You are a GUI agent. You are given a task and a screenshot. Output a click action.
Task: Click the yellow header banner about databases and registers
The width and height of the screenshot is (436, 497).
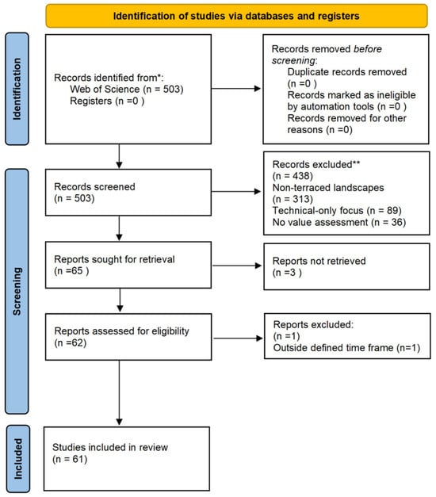tap(236, 16)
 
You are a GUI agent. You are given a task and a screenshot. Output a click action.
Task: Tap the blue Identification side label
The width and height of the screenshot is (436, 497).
tap(17, 89)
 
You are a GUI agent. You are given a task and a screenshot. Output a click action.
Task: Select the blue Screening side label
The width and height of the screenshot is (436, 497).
tap(17, 291)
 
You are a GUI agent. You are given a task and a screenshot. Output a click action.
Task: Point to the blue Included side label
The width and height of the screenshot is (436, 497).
tap(18, 459)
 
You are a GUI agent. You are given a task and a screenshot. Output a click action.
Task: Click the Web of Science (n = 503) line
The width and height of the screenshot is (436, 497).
tap(127, 89)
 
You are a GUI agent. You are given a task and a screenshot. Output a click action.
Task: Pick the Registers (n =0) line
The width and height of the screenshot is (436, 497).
tap(107, 101)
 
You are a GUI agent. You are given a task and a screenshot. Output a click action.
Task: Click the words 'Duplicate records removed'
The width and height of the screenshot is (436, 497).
tap(347, 72)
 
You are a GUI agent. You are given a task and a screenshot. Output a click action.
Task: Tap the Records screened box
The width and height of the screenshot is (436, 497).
tap(128, 193)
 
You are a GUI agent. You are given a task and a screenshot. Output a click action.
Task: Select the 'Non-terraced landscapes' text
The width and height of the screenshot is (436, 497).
tap(328, 188)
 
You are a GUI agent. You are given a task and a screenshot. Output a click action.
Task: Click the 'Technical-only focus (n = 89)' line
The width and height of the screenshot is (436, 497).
tap(337, 211)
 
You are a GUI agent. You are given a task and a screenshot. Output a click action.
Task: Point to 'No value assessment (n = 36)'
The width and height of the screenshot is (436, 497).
tap(339, 222)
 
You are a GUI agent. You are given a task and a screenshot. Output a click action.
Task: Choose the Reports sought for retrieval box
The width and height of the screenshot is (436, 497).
tap(128, 265)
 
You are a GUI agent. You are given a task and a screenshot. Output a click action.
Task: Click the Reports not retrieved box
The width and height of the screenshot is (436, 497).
tap(346, 266)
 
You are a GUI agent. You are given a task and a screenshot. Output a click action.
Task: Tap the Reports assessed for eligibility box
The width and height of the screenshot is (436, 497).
tap(128, 337)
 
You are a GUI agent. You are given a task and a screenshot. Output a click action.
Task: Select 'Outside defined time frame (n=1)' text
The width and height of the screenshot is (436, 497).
tap(346, 348)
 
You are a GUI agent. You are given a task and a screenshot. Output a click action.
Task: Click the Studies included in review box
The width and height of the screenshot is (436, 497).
tap(127, 459)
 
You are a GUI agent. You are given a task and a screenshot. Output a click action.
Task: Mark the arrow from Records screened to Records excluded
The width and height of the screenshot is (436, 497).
tap(236, 192)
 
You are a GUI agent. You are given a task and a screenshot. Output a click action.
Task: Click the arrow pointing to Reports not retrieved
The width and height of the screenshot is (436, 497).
tap(237, 266)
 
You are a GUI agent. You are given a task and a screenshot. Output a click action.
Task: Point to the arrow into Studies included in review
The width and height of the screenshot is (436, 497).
tap(119, 392)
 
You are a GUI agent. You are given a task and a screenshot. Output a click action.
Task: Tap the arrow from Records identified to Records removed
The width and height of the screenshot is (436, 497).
tap(236, 89)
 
